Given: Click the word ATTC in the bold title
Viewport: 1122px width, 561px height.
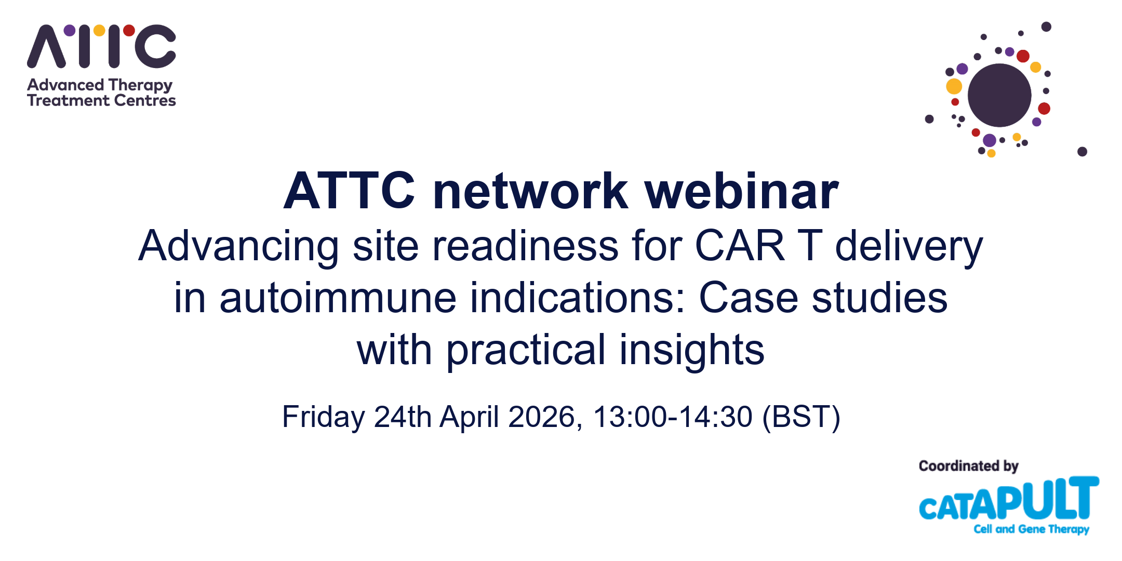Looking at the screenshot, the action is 349,191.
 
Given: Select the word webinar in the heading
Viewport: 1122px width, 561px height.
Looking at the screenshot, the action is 742,191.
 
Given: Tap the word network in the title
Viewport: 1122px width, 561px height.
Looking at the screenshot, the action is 530,191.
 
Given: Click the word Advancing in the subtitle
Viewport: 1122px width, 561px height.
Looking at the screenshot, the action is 239,247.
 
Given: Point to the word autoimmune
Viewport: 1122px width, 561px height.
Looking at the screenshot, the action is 338,298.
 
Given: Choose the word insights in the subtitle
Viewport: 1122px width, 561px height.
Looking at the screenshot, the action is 692,351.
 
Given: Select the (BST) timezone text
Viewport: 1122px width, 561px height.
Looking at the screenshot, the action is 802,417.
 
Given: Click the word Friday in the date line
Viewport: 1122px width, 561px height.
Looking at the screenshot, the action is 324,417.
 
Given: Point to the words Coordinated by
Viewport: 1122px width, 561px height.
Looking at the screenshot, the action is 969,466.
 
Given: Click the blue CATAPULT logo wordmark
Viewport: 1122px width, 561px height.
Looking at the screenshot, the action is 1009,499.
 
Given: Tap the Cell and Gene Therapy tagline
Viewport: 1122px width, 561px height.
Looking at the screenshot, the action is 1032,529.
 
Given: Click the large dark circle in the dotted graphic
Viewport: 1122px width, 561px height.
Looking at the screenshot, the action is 999,95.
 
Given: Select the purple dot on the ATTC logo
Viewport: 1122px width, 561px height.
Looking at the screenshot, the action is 70,30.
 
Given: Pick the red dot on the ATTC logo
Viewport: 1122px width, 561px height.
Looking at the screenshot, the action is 129,30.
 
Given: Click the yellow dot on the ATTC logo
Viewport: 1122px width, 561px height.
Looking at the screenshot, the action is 99,30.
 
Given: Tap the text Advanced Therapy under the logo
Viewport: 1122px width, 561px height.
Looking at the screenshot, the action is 100,85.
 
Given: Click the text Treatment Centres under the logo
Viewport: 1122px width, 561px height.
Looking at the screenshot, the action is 102,100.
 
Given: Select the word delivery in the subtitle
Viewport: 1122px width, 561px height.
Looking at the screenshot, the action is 909,247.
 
